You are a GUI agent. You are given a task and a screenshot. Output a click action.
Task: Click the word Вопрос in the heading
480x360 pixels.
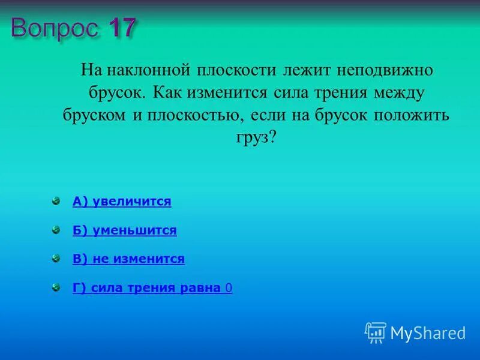click(54, 28)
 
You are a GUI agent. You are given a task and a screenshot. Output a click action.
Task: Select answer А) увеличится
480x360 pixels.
click(122, 202)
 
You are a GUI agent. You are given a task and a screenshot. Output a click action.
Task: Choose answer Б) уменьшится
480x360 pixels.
click(124, 230)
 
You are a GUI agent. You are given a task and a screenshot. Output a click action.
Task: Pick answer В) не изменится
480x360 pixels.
click(128, 259)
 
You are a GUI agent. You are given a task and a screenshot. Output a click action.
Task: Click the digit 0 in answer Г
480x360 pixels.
click(229, 288)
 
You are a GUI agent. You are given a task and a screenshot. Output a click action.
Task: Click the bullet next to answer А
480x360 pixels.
click(56, 201)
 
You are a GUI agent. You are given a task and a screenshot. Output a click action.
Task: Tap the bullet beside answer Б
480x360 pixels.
click(56, 230)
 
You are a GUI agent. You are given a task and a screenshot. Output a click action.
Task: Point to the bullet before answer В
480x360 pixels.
click(56, 259)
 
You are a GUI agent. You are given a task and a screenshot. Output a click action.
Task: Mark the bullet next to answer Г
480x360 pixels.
click(56, 287)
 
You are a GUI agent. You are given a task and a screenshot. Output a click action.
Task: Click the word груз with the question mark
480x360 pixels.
click(256, 137)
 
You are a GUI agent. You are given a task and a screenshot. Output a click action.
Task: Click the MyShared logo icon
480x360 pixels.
click(375, 332)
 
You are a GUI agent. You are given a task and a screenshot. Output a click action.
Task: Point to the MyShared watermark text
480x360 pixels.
click(428, 333)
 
